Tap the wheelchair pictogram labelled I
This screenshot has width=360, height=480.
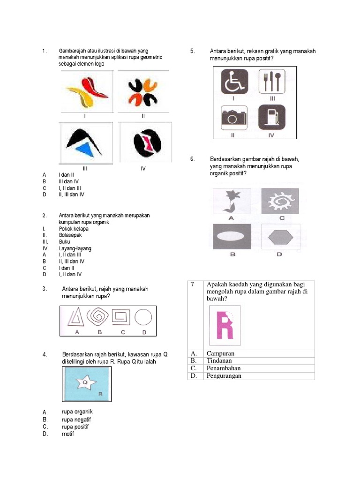[233, 82]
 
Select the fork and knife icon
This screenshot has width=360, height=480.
[272, 82]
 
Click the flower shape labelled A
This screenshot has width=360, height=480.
[231, 201]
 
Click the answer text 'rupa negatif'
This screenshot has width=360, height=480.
[76, 420]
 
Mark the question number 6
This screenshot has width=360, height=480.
[192, 159]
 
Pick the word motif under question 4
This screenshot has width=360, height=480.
[68, 434]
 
